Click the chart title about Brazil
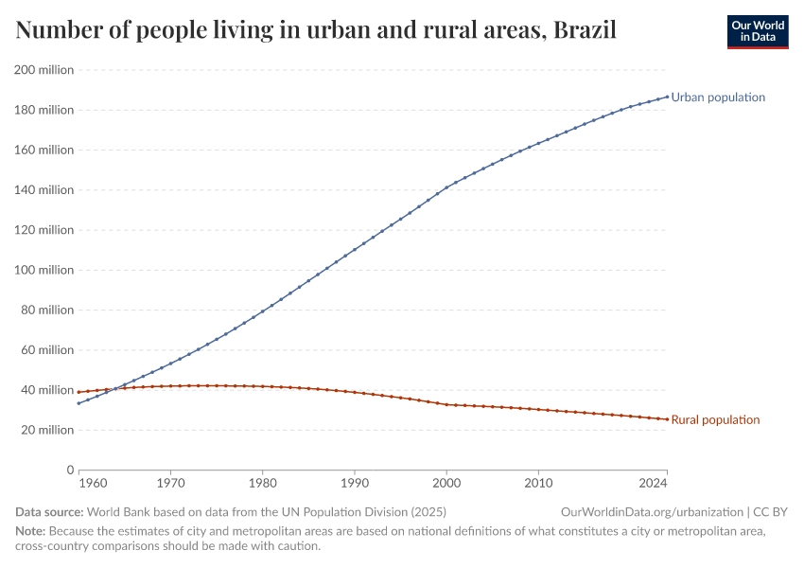click(316, 30)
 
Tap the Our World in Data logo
click(757, 31)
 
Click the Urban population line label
click(718, 98)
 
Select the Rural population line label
click(715, 420)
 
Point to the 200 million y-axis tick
click(44, 70)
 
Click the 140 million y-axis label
click(44, 190)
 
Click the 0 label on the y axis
click(69, 470)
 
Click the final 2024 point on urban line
click(667, 96)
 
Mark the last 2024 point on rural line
click(667, 419)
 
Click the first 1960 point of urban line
click(79, 403)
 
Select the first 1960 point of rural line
click(79, 392)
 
